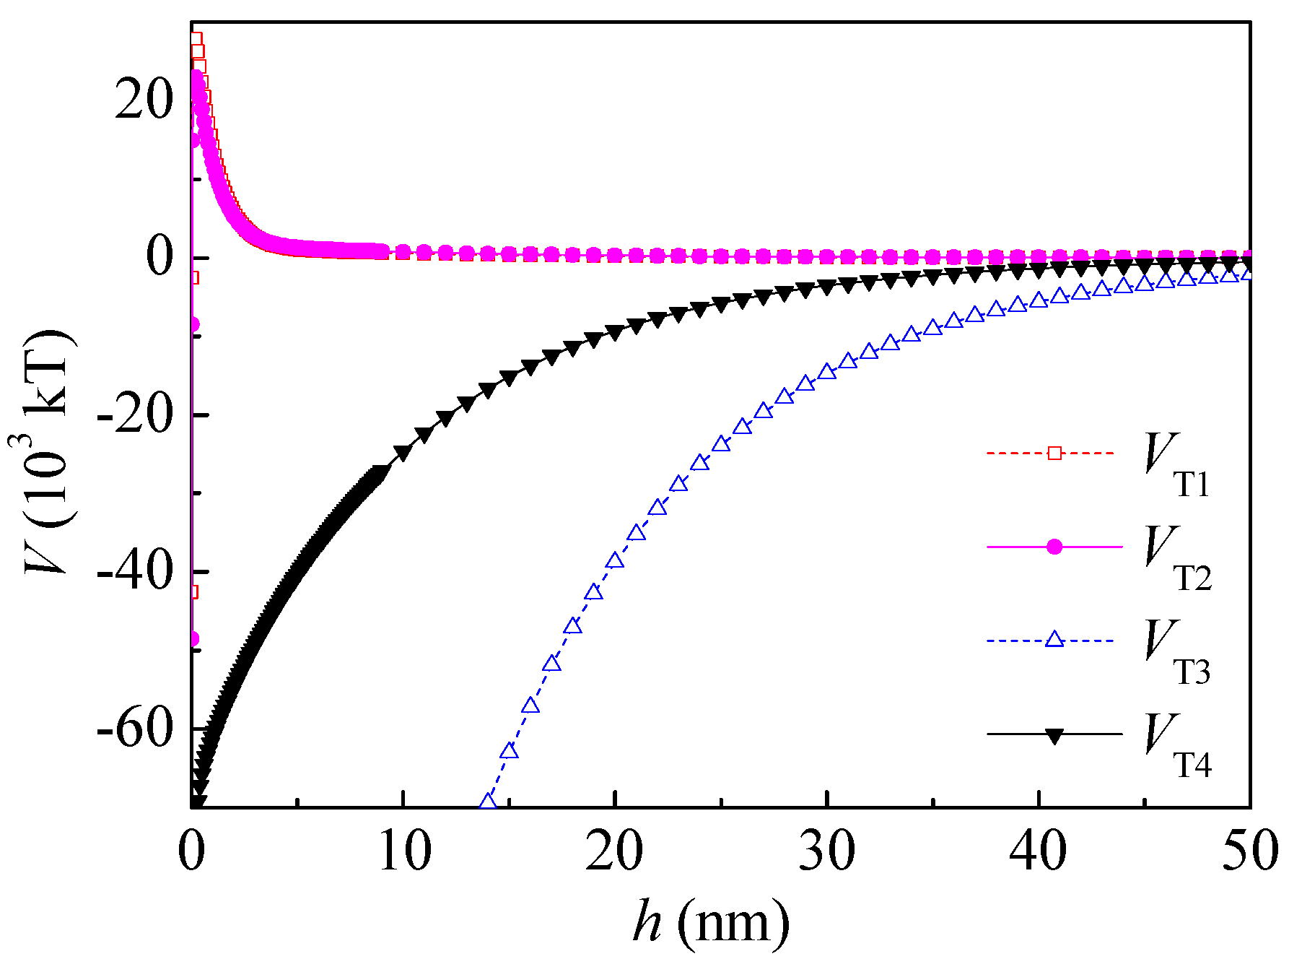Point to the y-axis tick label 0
tap(160, 257)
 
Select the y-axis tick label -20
tap(136, 415)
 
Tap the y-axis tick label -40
tap(136, 572)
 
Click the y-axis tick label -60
tap(136, 729)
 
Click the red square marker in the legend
tap(1054, 454)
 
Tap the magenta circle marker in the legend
tap(1054, 547)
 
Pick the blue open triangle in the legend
tap(1054, 640)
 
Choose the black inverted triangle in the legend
tap(1054, 736)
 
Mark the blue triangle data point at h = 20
tap(615, 560)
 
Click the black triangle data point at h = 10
tap(403, 453)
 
